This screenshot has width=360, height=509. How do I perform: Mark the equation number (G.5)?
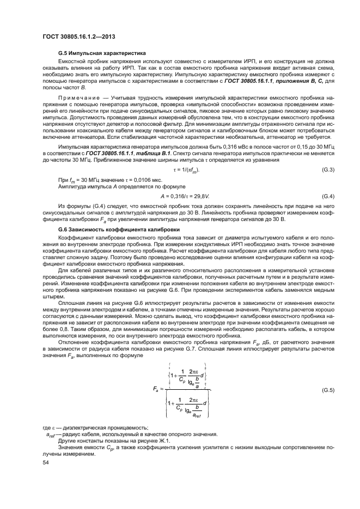327,390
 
